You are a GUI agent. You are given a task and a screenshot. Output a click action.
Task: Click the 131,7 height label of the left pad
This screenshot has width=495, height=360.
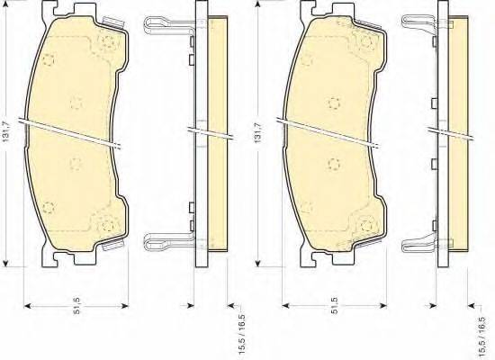pyautogui.click(x=6, y=131)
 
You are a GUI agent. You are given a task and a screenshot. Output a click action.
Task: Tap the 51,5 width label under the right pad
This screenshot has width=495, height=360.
pyautogui.click(x=335, y=305)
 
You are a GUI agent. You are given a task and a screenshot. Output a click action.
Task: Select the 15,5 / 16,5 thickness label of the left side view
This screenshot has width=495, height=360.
pyautogui.click(x=242, y=331)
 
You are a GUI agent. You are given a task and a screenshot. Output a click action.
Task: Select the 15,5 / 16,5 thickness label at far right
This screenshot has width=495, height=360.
pyautogui.click(x=487, y=331)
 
